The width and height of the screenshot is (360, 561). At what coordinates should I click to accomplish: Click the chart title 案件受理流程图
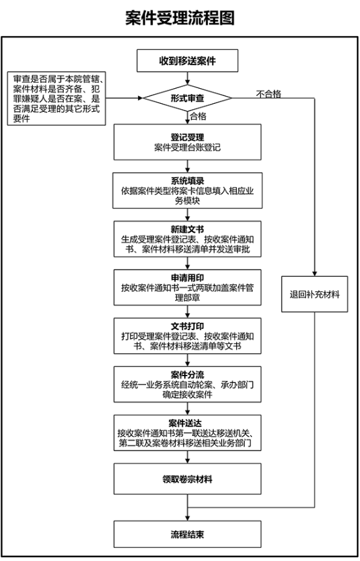[180, 18]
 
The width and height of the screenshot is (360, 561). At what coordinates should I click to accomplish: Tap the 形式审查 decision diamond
[188, 99]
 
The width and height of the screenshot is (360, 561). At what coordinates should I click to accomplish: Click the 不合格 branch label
[269, 94]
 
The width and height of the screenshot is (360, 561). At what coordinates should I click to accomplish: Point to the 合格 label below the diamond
[198, 116]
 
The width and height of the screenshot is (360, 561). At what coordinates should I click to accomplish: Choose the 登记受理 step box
[188, 143]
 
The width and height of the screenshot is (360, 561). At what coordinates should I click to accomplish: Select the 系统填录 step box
[188, 191]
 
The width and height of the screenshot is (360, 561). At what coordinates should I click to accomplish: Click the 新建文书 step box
[188, 240]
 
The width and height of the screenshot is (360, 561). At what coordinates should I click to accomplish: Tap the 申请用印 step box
[188, 287]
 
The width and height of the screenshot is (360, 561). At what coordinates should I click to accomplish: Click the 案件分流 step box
[188, 383]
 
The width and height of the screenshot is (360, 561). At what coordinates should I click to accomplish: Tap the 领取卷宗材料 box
[188, 480]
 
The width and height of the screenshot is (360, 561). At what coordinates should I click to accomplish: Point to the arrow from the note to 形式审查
[125, 99]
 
